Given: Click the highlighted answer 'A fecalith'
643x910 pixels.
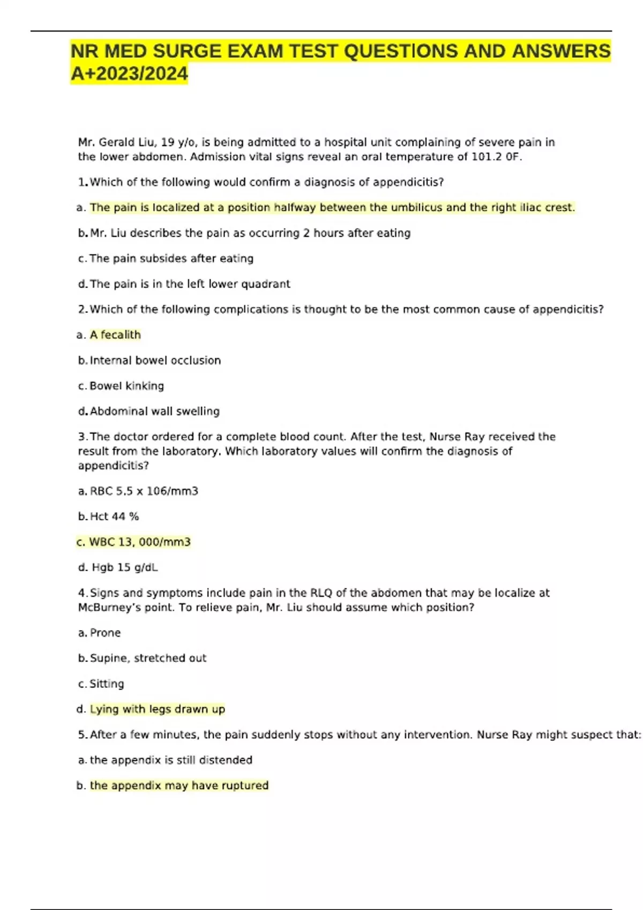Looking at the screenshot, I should point(115,335).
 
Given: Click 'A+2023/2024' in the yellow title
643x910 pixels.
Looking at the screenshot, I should point(130,74).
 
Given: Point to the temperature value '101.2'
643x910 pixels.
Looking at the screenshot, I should point(485,157).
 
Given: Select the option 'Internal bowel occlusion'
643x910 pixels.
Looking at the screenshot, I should point(155,361).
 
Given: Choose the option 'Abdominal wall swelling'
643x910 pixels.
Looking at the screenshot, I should point(154,412).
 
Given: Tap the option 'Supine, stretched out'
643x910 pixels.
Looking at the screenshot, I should point(148,658).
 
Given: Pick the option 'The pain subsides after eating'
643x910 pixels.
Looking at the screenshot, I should point(171,259).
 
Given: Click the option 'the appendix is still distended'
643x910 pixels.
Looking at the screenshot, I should point(171,760).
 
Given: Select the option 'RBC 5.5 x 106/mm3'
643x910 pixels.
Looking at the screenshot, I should point(144,491).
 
